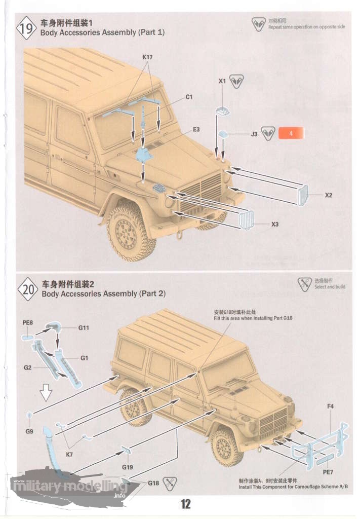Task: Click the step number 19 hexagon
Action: coord(27,28)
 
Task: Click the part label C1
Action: coord(189,96)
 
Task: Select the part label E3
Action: coord(196,130)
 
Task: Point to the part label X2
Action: coord(329,195)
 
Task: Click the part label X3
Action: coord(275,224)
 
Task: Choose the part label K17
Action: coord(147,57)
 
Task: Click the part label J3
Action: coord(254,134)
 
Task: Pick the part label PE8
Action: coord(28,322)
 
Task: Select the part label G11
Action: coord(84,328)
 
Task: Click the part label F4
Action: coord(330,406)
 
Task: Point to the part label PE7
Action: coord(328,472)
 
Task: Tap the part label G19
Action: coord(127,467)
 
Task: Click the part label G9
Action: coord(29,431)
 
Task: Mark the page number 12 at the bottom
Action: coord(185,504)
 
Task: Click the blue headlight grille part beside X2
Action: coord(303,195)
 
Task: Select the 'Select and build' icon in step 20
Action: coord(304,284)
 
